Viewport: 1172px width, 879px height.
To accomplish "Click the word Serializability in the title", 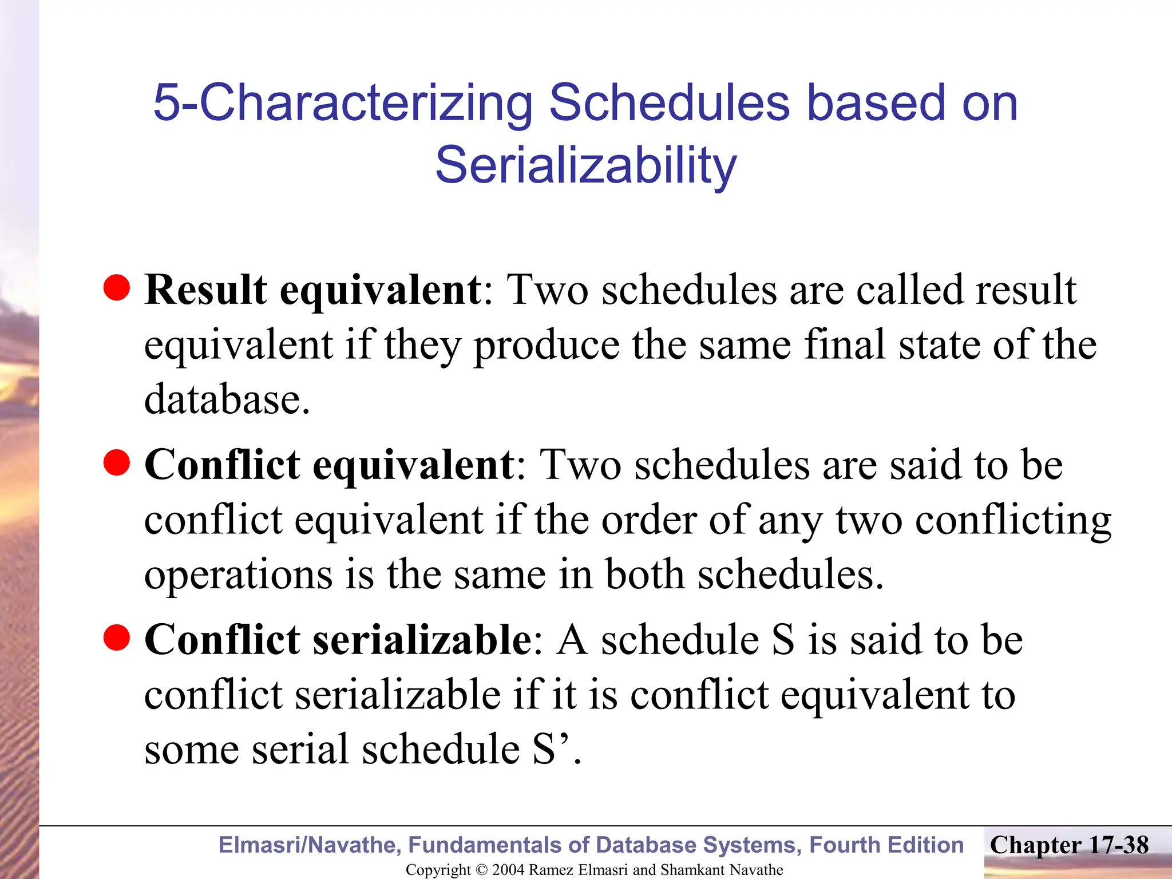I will click(x=586, y=166).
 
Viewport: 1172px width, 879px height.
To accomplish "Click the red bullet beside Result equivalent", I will click(x=117, y=287).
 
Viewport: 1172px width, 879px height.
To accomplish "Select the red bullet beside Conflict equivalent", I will click(x=117, y=462).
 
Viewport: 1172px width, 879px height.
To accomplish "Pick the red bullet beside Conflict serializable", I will click(x=117, y=638).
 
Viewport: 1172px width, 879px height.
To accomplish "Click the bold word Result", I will click(x=205, y=290).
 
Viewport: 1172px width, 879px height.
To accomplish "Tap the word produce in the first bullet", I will click(x=547, y=346).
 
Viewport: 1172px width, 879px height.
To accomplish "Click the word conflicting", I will click(x=1013, y=521).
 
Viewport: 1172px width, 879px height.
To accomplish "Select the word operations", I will click(x=238, y=576).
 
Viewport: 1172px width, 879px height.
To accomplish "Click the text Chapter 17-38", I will click(x=1069, y=845).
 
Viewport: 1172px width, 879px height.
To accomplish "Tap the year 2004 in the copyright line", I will click(x=508, y=870).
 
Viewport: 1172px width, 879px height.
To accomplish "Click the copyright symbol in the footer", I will click(x=481, y=870).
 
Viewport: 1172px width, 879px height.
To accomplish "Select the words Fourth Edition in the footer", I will click(x=886, y=845).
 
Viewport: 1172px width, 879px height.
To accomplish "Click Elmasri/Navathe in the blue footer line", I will click(x=310, y=845).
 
